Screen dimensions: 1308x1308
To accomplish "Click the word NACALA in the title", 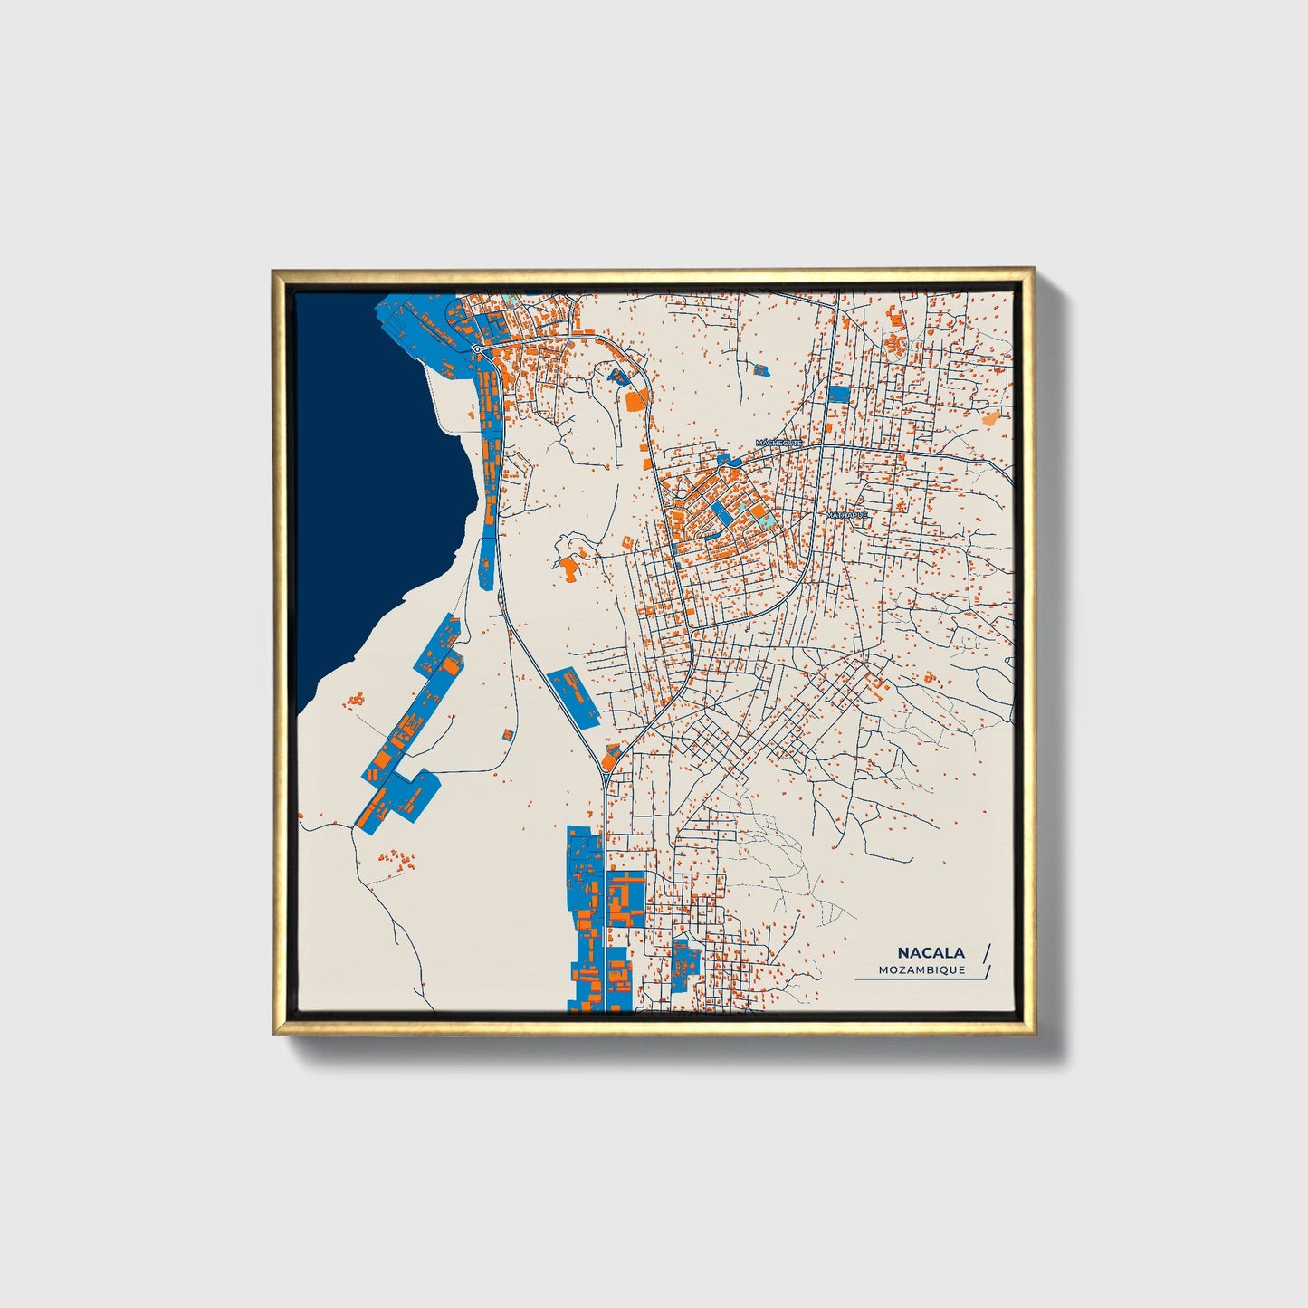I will (931, 952).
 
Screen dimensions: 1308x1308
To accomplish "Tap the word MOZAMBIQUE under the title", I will (921, 969).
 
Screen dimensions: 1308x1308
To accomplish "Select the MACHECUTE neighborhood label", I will (779, 443).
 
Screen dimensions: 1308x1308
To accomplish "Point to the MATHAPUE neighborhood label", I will (846, 515).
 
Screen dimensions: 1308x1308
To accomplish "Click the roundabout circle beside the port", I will (476, 348).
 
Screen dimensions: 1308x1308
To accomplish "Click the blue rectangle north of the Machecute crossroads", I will (839, 395).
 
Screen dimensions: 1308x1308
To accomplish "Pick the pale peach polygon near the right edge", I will (990, 418).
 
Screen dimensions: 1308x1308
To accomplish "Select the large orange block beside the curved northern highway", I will (637, 399).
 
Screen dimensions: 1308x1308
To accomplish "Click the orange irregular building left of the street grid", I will (569, 568).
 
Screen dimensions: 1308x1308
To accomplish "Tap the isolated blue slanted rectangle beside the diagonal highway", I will (574, 695).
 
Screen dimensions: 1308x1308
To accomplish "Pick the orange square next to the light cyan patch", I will (757, 511).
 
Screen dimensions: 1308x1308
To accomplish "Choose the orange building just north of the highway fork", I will (612, 752).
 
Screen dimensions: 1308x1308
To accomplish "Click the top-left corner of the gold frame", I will (274, 272).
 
